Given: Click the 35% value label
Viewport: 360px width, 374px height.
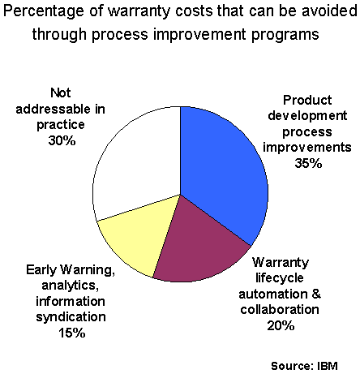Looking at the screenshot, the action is tap(308, 163).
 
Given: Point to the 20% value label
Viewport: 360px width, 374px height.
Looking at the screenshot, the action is tap(281, 325).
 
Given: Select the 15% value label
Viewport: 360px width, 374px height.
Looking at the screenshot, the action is tap(71, 333).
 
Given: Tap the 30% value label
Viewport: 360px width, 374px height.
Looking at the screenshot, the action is tap(62, 140).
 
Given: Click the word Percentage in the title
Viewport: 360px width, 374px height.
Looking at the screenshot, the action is tap(44, 12).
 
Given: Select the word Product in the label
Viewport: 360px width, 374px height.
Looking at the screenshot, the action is tap(307, 100).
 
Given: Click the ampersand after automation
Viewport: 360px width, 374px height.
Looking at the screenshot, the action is tap(316, 294).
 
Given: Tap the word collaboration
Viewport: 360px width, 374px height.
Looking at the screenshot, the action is tap(280, 310).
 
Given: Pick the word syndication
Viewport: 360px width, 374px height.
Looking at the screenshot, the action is tap(71, 317).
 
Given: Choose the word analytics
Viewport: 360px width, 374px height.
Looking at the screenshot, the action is tap(71, 286).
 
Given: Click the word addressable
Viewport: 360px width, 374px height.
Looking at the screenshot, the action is tap(53, 109).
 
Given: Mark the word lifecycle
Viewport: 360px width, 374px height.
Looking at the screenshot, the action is tap(280, 278).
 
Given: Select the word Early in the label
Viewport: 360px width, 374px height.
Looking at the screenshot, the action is tap(41, 270).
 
